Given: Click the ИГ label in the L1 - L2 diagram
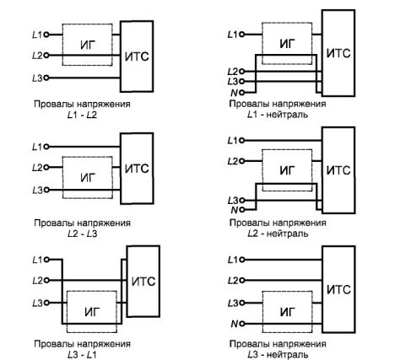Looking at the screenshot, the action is [x=88, y=45].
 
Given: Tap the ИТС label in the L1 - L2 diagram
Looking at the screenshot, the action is [x=137, y=56].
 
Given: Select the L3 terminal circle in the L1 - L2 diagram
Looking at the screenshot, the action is [x=46, y=78].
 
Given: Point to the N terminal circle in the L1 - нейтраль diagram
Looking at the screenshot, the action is [x=241, y=92].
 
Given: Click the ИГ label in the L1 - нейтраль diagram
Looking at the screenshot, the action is [x=288, y=44].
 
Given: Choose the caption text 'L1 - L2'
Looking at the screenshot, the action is [x=82, y=115].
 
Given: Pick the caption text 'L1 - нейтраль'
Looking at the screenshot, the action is [x=278, y=115].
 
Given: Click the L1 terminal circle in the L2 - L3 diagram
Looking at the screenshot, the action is [x=46, y=147].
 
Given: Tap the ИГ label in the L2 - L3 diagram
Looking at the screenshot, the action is [x=88, y=178].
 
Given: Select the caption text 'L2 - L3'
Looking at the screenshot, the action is [x=82, y=234].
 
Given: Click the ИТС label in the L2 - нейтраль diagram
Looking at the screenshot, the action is [x=338, y=170].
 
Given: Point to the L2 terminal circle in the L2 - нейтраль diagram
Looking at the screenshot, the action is [x=241, y=161].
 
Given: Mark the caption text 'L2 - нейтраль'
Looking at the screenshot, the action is [x=278, y=234].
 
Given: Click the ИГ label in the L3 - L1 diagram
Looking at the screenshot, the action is [x=92, y=312].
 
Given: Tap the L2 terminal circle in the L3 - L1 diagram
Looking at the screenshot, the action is [x=46, y=280].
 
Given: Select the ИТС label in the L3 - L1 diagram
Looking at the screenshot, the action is [x=143, y=282].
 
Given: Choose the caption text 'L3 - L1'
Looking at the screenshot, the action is [x=82, y=355].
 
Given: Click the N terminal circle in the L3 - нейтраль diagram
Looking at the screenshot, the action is [x=241, y=324].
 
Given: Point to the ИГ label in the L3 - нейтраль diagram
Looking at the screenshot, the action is [x=288, y=312].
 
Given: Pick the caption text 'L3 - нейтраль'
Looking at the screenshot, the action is [x=278, y=355].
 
